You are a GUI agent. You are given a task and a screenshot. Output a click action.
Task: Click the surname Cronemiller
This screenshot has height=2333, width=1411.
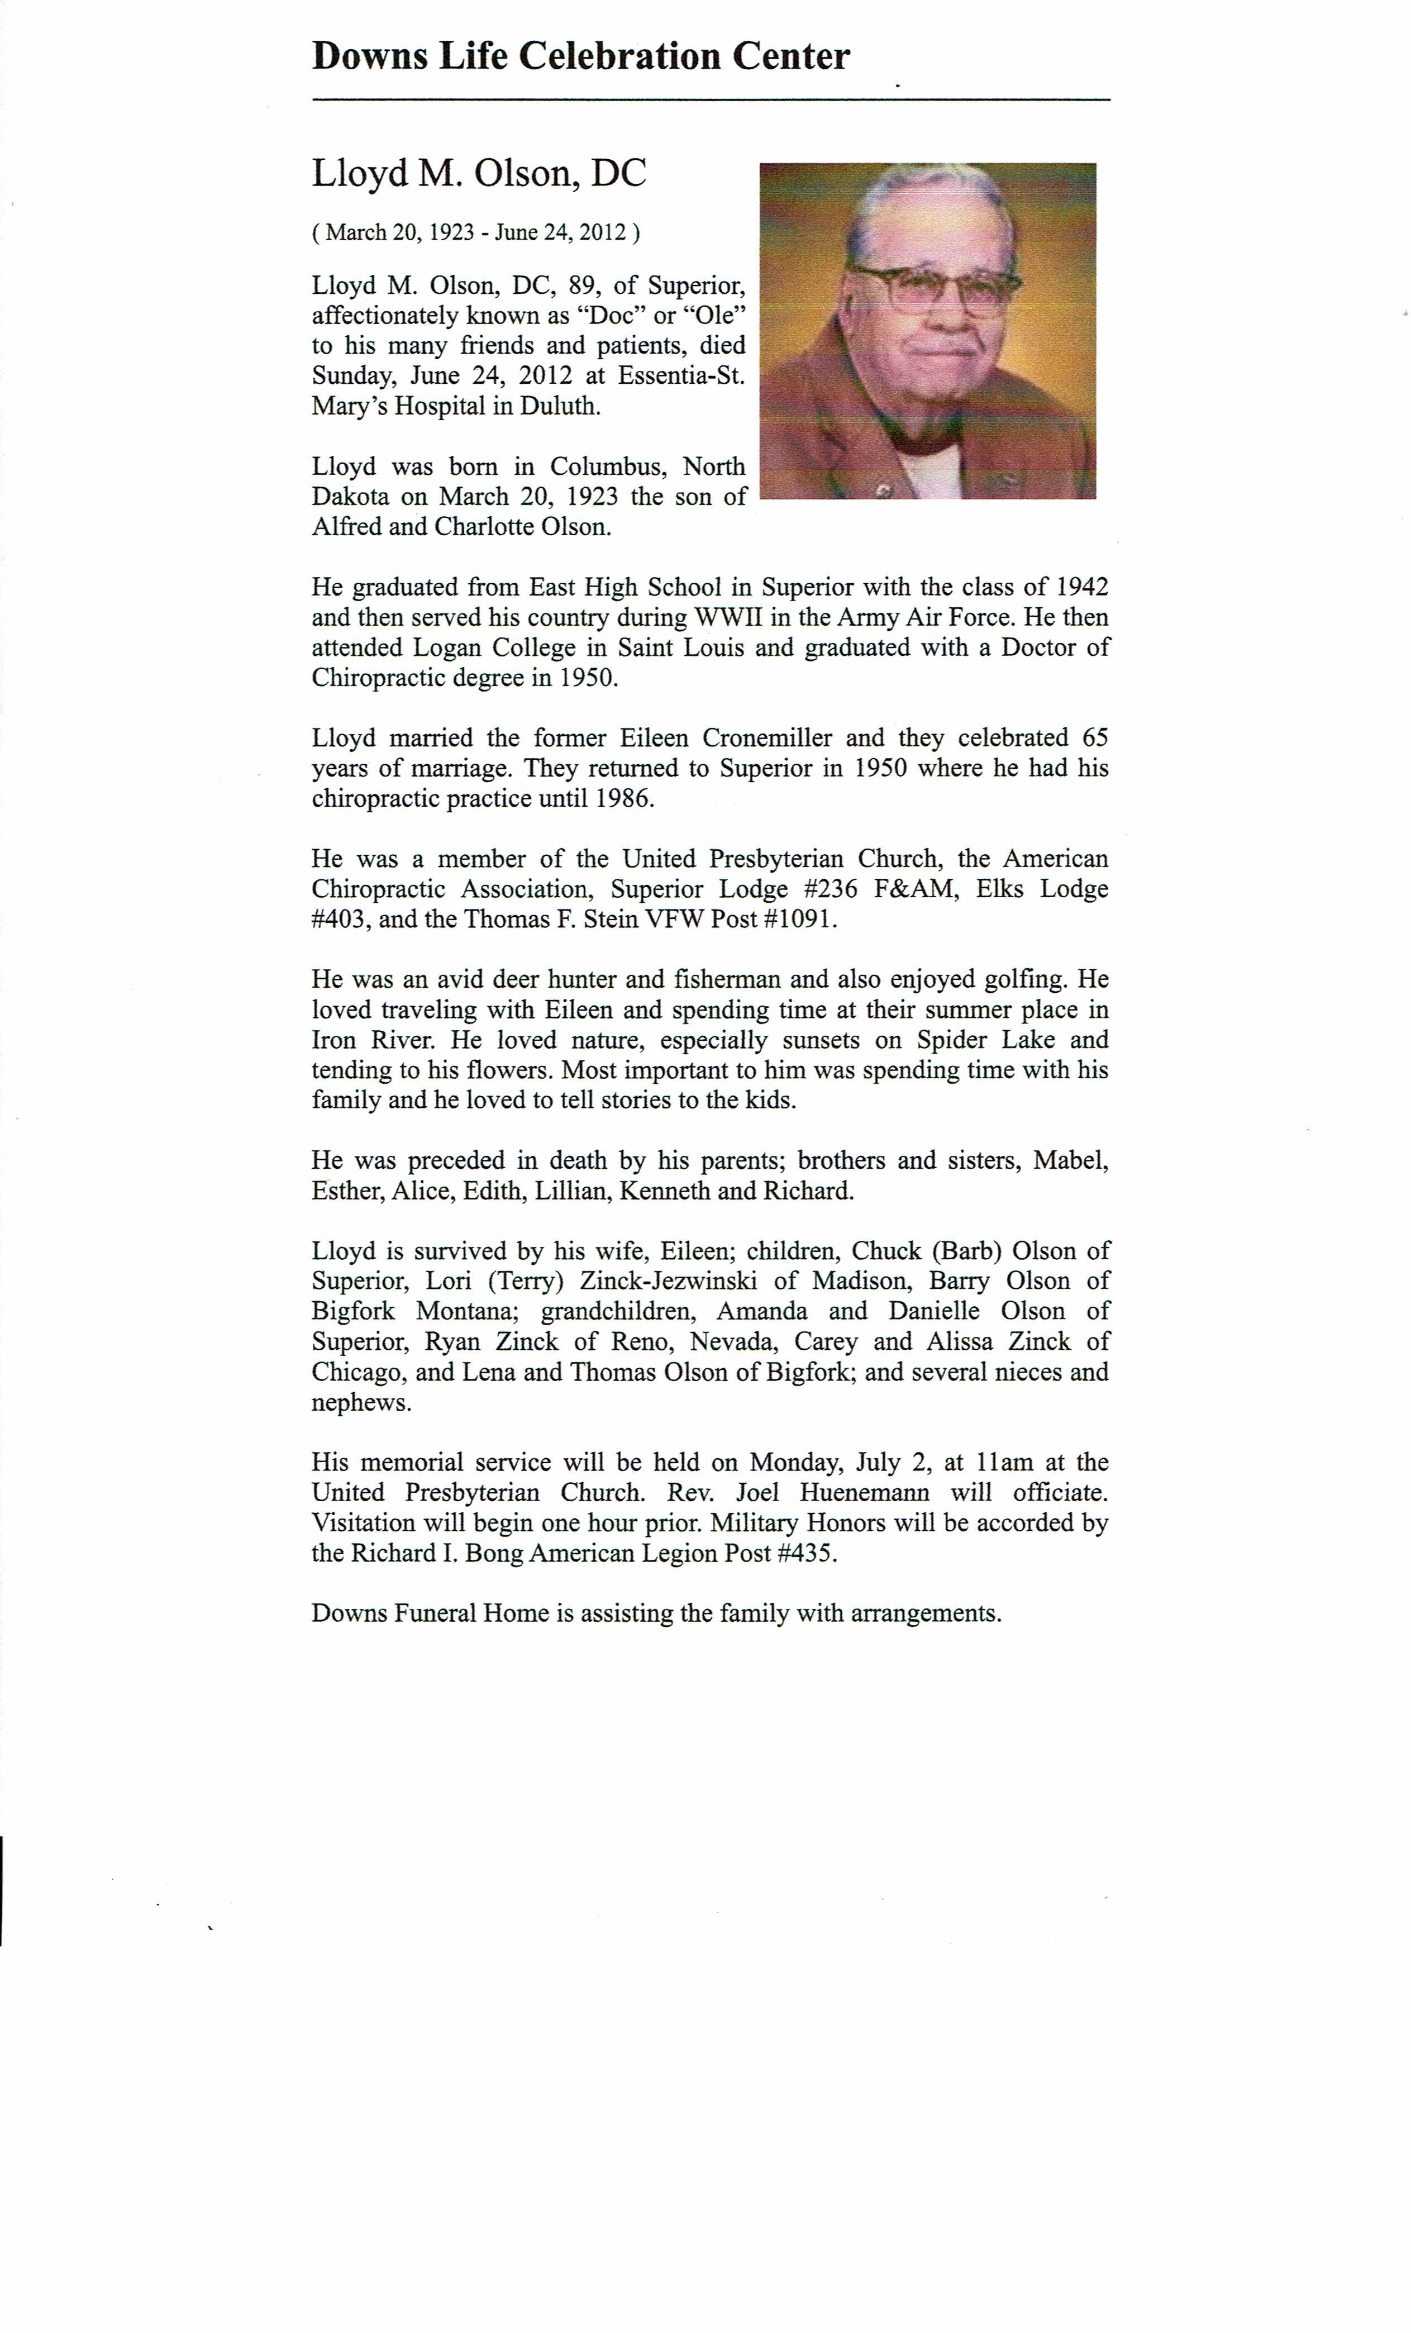click(767, 739)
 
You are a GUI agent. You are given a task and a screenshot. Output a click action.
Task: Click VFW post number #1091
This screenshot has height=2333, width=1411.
click(801, 920)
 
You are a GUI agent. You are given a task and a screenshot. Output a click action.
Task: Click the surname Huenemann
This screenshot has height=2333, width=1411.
click(864, 1493)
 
